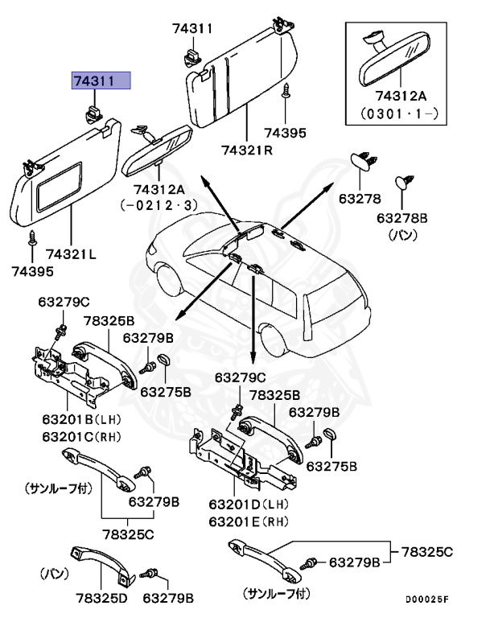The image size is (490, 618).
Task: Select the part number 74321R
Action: click(248, 150)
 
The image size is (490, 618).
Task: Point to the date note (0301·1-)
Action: click(399, 114)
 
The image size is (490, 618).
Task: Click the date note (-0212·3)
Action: click(159, 205)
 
